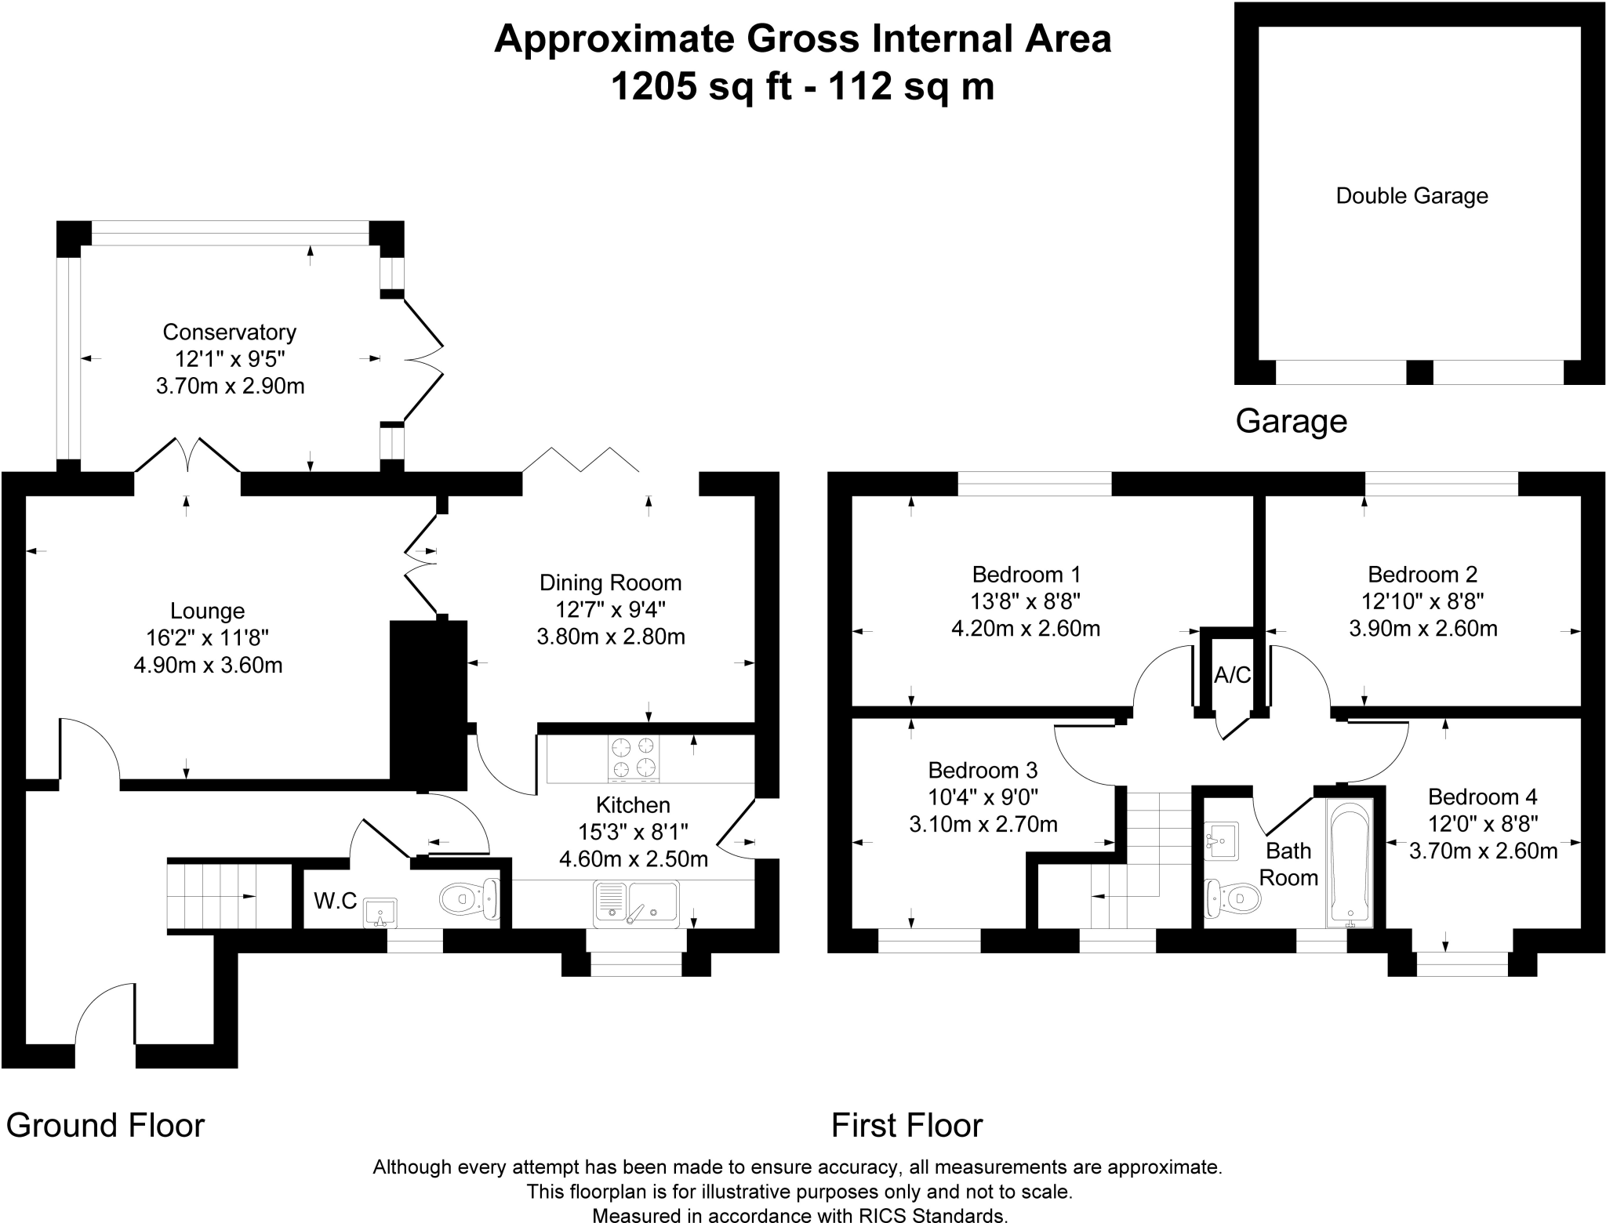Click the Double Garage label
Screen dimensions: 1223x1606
tap(1412, 196)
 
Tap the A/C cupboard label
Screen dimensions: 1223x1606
tap(1232, 675)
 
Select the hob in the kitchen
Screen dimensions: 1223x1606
tap(634, 757)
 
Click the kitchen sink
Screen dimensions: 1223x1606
tap(636, 902)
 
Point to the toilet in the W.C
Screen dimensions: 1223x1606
tap(469, 898)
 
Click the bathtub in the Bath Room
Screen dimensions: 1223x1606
tap(1349, 862)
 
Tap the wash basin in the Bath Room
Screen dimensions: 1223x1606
tap(1220, 840)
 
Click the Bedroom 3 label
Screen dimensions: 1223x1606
tap(983, 769)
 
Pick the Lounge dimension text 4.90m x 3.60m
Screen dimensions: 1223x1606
tap(208, 666)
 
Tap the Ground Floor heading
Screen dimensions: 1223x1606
tap(105, 1126)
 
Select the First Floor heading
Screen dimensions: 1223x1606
tap(907, 1126)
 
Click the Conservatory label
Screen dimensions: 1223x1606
tap(229, 332)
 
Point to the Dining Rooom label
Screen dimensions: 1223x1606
tap(610, 583)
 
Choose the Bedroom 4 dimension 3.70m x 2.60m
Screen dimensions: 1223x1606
tap(1483, 851)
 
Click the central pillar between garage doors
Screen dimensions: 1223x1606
tap(1419, 372)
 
